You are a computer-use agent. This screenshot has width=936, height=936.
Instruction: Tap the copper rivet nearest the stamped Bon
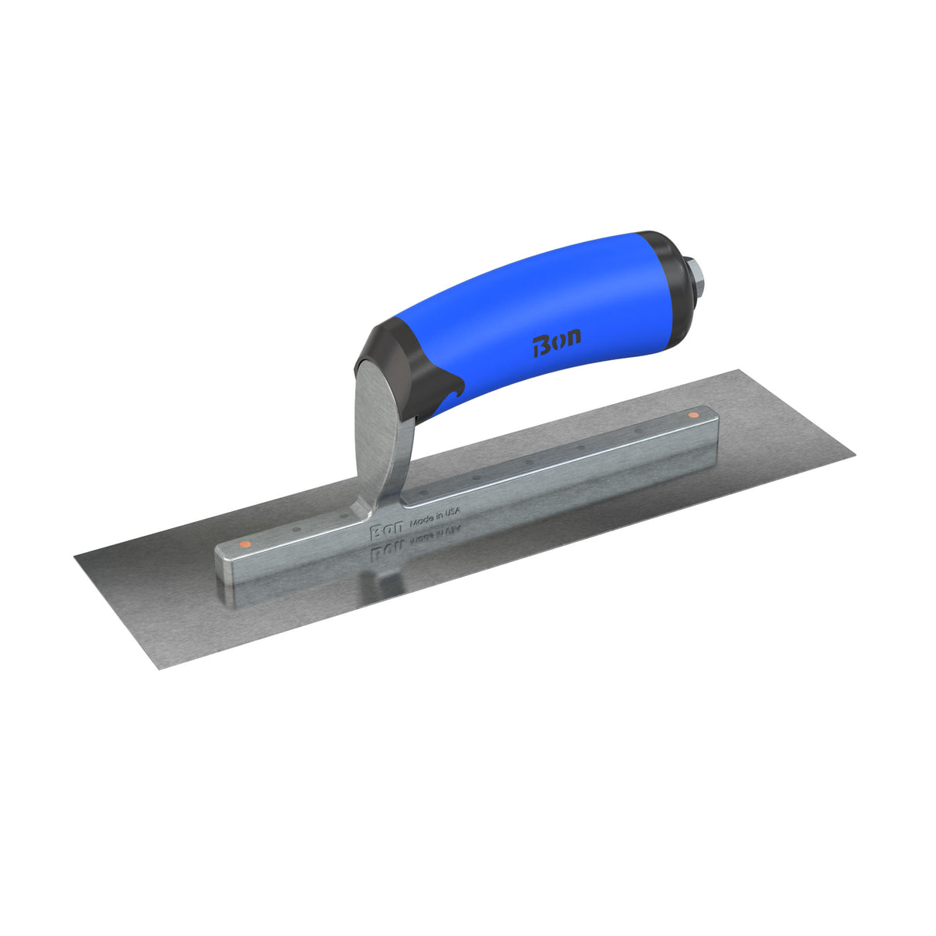pyautogui.click(x=244, y=544)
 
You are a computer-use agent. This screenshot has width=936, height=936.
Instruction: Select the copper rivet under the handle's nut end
pyautogui.click(x=692, y=416)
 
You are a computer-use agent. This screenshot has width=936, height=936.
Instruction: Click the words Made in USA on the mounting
pyautogui.click(x=434, y=515)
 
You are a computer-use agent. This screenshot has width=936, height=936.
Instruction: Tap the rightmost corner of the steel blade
pyautogui.click(x=854, y=456)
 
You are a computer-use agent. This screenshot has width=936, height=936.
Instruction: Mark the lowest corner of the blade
pyautogui.click(x=159, y=668)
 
